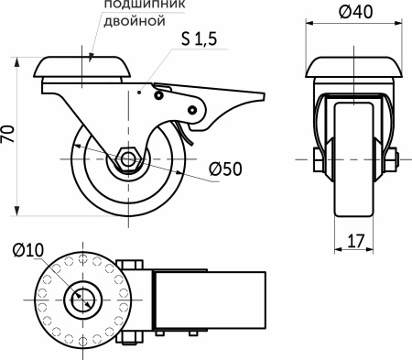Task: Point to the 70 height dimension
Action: [x=9, y=135]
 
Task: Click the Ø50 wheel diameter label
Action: [x=223, y=170]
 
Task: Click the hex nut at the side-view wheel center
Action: [x=127, y=161]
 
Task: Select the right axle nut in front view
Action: [x=391, y=161]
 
